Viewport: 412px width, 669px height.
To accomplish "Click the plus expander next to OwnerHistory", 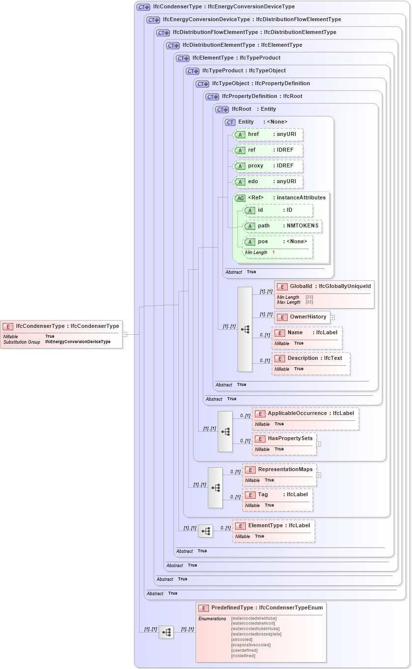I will coord(333,318).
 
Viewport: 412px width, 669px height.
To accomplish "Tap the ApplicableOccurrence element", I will coord(305,414).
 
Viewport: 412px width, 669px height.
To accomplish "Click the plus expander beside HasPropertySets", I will coord(319,444).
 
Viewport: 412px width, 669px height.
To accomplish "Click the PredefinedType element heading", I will coord(261,608).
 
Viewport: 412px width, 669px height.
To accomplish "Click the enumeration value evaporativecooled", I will coord(251,645).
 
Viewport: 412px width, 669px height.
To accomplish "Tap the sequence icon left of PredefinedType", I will coord(166,632).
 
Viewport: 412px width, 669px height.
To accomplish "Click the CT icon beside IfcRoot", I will coord(222,109).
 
